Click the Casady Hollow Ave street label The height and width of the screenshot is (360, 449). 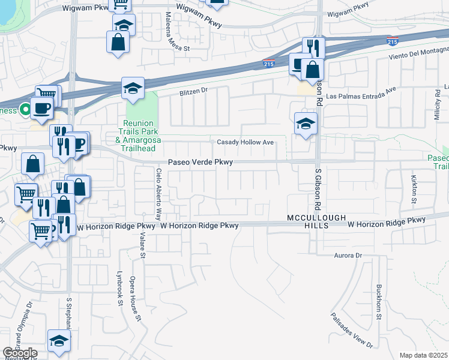coord(246,142)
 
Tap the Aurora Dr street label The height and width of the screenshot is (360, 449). coord(349,256)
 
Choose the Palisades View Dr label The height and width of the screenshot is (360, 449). coord(352,330)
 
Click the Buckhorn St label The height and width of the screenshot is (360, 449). coord(379,303)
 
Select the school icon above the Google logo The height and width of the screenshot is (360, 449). coord(58,341)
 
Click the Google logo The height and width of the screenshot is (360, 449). coord(20,353)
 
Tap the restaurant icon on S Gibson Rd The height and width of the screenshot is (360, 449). coord(313,47)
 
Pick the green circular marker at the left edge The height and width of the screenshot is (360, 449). coord(25,110)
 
